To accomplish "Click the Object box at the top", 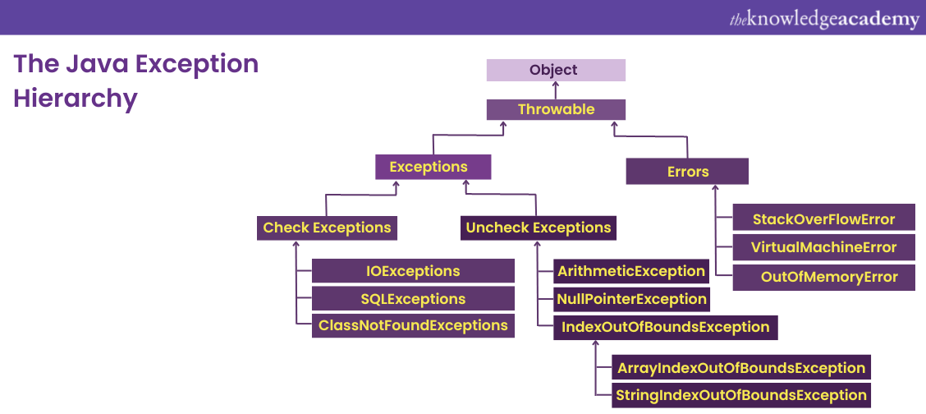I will [556, 70].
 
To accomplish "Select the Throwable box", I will [556, 109].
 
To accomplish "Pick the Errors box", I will [687, 172].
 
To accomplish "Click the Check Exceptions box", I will [327, 228].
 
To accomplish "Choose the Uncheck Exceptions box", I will [539, 228].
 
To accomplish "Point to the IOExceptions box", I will [413, 271].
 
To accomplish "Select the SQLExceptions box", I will [413, 299].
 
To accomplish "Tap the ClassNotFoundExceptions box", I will [413, 325].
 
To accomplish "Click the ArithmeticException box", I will [630, 271].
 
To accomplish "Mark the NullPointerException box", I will [630, 299].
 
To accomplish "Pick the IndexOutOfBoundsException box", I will [665, 327].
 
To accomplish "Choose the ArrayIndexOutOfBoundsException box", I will [741, 368].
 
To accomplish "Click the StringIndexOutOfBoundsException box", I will [741, 395].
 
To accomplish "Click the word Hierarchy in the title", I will [75, 99].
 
